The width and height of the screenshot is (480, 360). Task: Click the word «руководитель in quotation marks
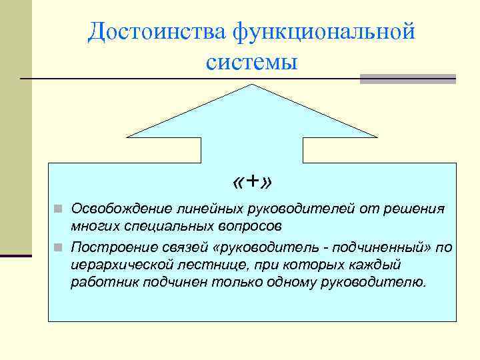point(251,248)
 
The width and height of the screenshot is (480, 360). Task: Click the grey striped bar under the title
point(408,79)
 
